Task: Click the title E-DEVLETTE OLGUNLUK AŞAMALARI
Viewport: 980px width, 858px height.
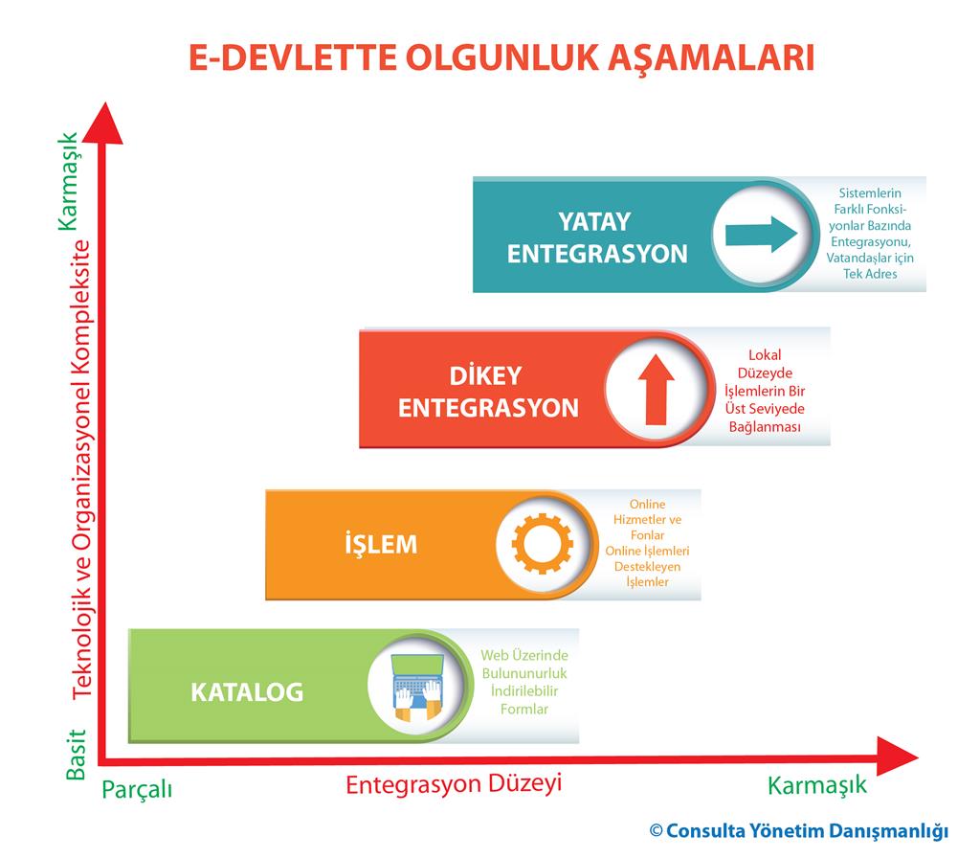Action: [501, 58]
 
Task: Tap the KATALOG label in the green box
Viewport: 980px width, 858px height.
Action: [247, 692]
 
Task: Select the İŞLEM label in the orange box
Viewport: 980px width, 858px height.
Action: [381, 544]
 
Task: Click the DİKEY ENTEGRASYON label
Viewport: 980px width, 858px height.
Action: [488, 392]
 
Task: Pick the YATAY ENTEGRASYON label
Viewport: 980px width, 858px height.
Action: [597, 238]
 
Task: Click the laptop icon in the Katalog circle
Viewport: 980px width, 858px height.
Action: [417, 687]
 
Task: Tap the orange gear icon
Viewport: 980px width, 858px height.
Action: [542, 544]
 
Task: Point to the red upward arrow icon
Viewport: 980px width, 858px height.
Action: [656, 390]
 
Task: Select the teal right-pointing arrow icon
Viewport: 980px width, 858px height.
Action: [761, 235]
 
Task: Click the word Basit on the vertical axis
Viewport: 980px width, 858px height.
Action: [77, 755]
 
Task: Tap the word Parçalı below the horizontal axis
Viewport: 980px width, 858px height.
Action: [137, 789]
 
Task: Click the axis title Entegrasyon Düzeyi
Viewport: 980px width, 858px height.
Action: [454, 784]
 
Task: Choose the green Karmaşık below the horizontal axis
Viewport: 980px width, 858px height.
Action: [817, 785]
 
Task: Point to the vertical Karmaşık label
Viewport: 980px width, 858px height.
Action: [69, 181]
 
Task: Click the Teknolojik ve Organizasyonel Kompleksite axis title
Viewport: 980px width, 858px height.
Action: [82, 469]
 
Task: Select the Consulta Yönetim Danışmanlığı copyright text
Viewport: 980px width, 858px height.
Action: [799, 831]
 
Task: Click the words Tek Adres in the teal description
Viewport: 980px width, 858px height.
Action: [870, 273]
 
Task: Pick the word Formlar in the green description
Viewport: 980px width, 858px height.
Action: [524, 710]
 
